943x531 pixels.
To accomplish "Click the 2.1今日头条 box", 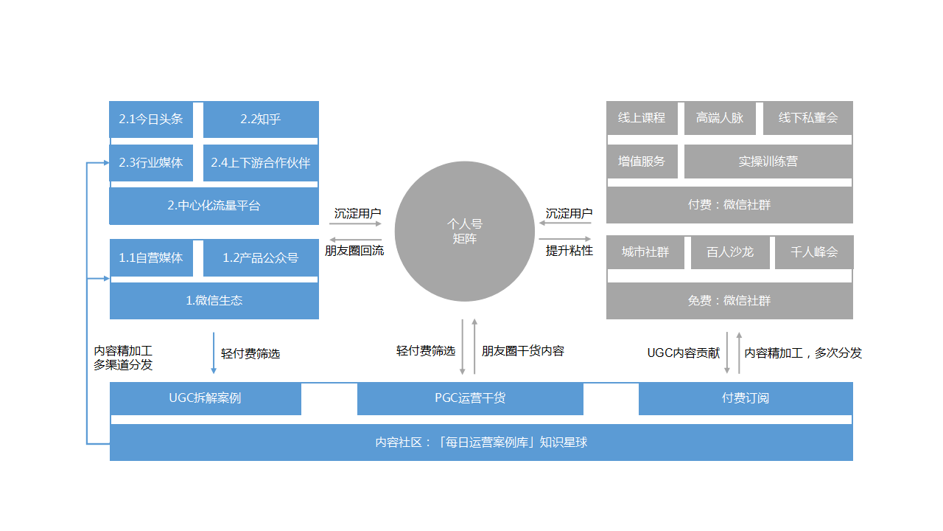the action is (151, 119).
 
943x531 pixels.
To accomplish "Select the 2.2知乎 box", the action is (261, 119).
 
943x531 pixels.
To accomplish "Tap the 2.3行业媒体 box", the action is (151, 163).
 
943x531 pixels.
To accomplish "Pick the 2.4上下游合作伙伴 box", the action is (261, 163).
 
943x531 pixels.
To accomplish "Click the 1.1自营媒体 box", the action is (152, 257).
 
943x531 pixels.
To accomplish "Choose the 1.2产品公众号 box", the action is (261, 257).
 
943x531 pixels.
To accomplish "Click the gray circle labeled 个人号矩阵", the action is (465, 232).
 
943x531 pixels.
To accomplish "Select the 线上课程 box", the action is (642, 118).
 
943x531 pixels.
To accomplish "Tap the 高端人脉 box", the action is (720, 118).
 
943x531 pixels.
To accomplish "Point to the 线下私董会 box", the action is (808, 118).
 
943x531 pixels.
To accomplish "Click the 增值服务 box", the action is (642, 162).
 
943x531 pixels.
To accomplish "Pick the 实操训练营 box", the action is (768, 162).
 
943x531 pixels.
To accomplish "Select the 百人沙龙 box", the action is (730, 252).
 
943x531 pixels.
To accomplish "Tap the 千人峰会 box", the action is (814, 252).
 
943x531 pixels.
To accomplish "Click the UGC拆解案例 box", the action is (206, 398).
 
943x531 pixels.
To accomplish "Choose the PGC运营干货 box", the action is (470, 398).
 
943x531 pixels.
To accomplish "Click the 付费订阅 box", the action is (746, 398).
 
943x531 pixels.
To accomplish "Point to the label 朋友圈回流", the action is (354, 251).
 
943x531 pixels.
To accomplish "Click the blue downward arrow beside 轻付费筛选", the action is (214, 353).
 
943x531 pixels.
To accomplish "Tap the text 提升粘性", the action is (569, 251).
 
